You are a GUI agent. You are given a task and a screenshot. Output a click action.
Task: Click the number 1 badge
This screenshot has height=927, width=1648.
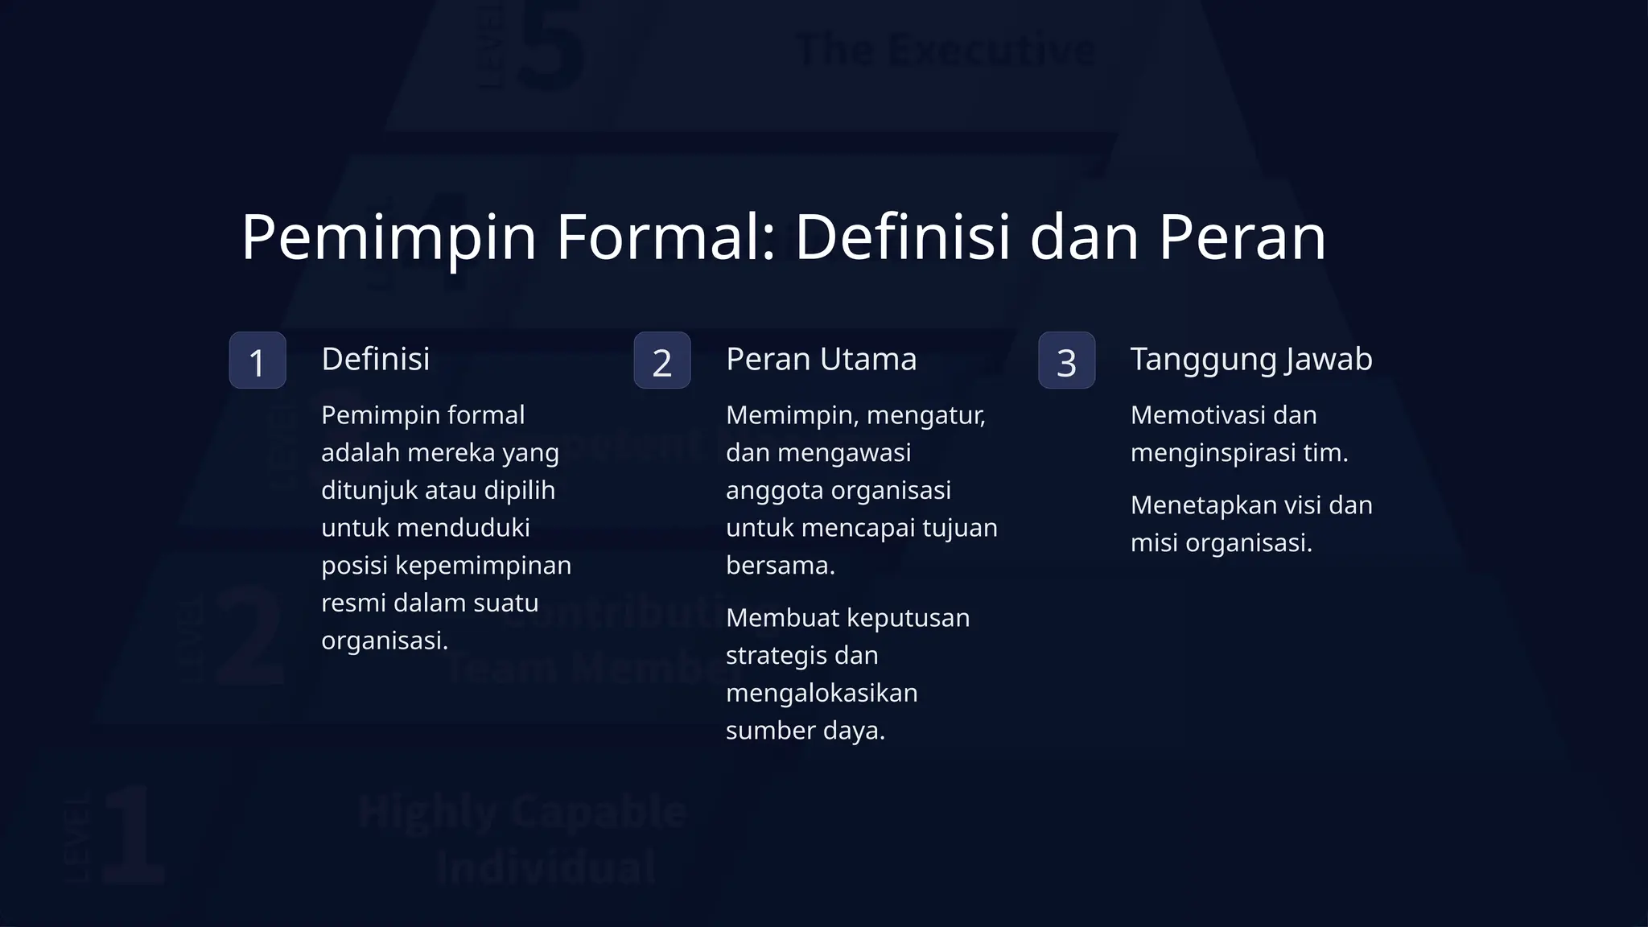point(257,360)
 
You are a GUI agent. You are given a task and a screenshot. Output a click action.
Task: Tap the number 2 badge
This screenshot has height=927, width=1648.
point(662,360)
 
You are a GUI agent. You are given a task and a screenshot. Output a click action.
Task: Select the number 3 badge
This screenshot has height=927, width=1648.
point(1066,360)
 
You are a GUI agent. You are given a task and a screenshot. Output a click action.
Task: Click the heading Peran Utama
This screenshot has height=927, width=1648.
point(821,359)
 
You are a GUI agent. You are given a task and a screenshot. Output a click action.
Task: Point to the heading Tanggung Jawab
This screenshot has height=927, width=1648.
point(1251,359)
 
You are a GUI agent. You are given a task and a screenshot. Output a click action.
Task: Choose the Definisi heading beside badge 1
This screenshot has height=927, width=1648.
point(376,359)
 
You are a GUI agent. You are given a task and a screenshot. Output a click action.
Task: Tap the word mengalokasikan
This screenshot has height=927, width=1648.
point(822,694)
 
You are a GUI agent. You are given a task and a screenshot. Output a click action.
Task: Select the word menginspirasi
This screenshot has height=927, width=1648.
point(1213,453)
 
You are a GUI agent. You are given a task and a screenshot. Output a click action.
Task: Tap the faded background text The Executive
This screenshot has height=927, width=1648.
point(946,50)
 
